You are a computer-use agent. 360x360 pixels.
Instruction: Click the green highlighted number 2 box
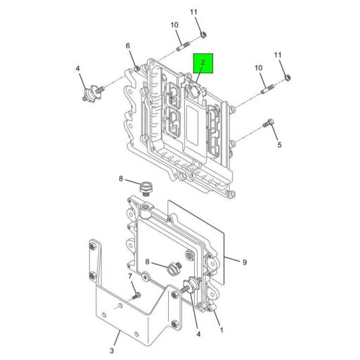pyautogui.click(x=202, y=65)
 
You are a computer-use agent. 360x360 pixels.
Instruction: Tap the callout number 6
pyautogui.click(x=128, y=46)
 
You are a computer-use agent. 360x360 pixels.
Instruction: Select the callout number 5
pyautogui.click(x=278, y=146)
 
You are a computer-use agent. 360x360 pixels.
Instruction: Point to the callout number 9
pyautogui.click(x=245, y=262)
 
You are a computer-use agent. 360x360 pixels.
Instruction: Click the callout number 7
pyautogui.click(x=129, y=276)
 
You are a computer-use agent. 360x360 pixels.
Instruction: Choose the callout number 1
pyautogui.click(x=222, y=329)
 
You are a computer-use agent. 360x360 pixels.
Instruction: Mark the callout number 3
pyautogui.click(x=111, y=349)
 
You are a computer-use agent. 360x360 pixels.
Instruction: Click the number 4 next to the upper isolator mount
pyautogui.click(x=79, y=69)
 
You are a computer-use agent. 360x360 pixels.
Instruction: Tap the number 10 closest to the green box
pyautogui.click(x=174, y=26)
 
